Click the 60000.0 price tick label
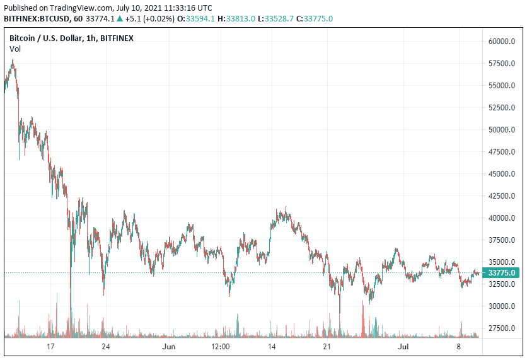[x=502, y=42]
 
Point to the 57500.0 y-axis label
[x=502, y=64]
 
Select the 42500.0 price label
[x=502, y=196]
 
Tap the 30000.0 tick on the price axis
[x=502, y=306]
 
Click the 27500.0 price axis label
[x=502, y=328]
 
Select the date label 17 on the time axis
[x=51, y=347]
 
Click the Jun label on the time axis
[x=168, y=347]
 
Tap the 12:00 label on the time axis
[x=220, y=347]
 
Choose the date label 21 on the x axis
[x=327, y=347]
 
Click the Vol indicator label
[x=15, y=49]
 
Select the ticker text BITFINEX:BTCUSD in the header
[x=35, y=19]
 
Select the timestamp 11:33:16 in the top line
[x=170, y=8]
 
